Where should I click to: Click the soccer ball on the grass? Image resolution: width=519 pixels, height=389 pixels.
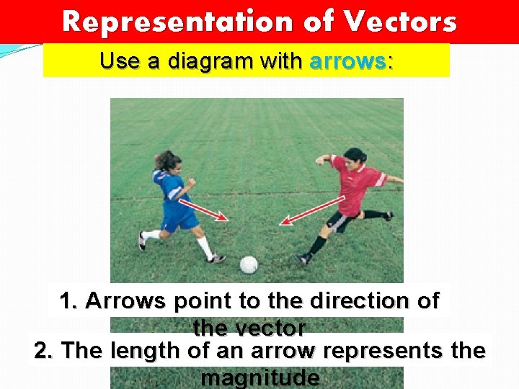coord(249,264)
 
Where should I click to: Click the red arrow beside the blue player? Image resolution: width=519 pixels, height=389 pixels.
coord(210,210)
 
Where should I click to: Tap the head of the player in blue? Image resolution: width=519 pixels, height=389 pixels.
coord(167,160)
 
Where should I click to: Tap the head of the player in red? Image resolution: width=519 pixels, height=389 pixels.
coord(355,158)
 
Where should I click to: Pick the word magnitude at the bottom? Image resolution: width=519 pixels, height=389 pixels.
coord(260,377)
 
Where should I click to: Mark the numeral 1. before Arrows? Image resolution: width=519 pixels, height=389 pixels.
coord(68,300)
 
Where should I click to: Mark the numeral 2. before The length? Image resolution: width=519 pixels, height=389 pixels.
coord(44,351)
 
